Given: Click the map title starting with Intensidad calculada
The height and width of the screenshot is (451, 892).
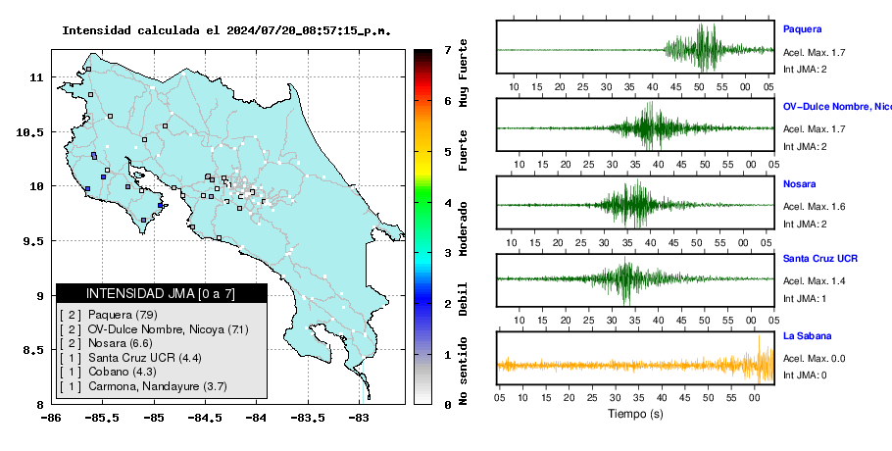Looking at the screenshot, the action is [226, 30].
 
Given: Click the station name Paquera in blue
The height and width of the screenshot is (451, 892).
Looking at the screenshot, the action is [802, 29].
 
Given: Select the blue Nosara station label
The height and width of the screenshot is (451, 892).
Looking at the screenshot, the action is [799, 183].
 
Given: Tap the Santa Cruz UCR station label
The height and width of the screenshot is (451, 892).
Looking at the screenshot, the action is [820, 258].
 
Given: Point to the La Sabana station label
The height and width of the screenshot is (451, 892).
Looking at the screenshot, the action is [808, 335].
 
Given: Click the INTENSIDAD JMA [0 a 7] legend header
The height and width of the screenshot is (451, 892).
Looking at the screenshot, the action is [161, 293].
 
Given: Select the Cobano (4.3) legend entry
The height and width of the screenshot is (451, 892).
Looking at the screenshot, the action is [123, 372].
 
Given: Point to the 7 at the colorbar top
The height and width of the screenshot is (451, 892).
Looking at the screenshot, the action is [448, 50].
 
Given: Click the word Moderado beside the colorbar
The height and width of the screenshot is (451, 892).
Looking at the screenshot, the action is [464, 228].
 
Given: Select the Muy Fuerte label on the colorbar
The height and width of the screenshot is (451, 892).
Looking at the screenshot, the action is [464, 73].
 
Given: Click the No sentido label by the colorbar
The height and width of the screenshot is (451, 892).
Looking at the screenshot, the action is [464, 371].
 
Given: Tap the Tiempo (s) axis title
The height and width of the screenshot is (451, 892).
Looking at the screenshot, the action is [635, 414].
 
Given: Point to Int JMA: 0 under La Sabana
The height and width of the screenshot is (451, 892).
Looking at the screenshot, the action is [805, 375].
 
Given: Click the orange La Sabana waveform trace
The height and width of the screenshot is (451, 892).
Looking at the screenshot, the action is [635, 365].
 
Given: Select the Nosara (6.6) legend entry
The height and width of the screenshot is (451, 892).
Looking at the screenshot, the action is [120, 343].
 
